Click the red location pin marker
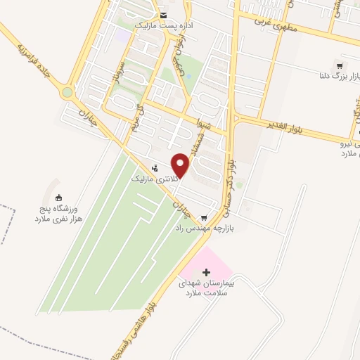(181, 165)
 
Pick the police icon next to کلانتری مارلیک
(155, 168)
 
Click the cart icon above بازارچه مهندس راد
(204, 217)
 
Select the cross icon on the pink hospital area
(205, 271)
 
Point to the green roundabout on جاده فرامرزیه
(67, 92)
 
